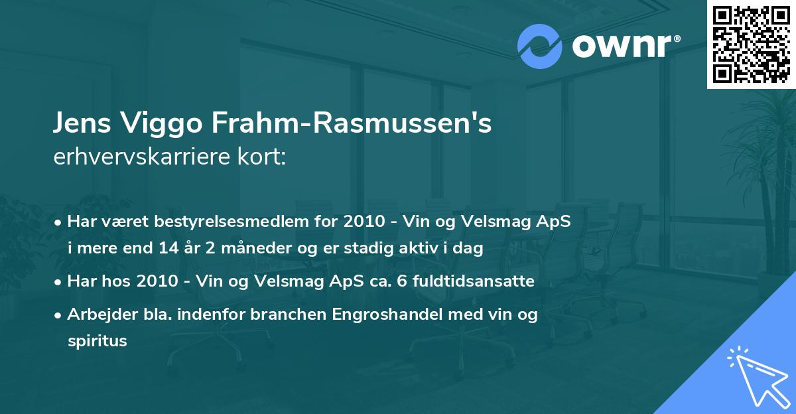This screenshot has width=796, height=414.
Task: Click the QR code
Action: (751, 44)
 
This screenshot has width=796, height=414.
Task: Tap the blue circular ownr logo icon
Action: (539, 46)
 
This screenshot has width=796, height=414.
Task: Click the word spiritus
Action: (97, 341)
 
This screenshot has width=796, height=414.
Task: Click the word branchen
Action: (277, 314)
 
